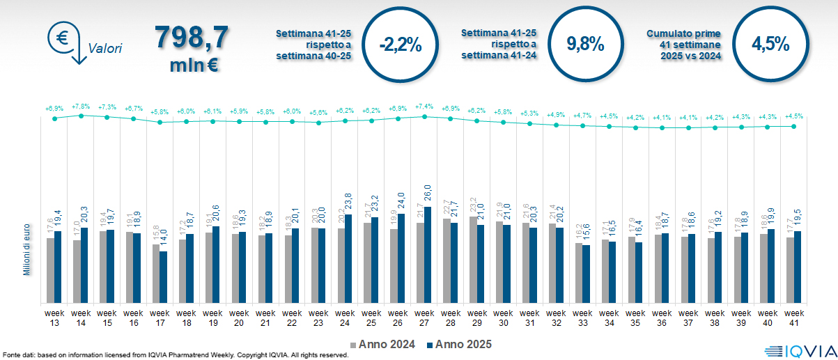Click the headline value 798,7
[192, 38]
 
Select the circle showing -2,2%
[401, 45]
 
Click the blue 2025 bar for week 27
[428, 254]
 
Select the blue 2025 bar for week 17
[163, 276]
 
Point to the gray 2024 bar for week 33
[578, 272]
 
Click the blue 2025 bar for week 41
[798, 267]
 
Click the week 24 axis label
[345, 318]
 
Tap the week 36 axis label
[662, 318]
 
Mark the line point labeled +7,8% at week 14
[81, 115]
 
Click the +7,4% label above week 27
[424, 107]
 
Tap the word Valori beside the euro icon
[105, 49]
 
